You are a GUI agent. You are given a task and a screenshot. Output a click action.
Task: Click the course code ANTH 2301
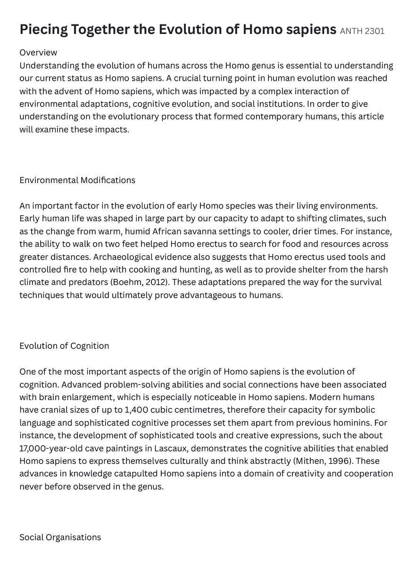point(362,32)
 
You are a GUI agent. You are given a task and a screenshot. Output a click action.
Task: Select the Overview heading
point(38,52)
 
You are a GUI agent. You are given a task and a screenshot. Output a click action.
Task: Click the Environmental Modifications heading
point(77,180)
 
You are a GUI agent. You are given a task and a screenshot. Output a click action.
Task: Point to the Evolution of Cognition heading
point(64,346)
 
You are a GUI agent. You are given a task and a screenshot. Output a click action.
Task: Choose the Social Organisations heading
point(60,537)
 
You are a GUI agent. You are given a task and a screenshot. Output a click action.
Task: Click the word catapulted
point(135,474)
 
